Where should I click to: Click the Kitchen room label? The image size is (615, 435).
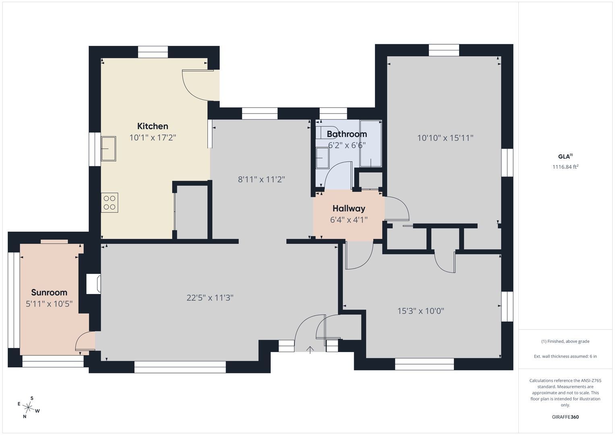(x=153, y=126)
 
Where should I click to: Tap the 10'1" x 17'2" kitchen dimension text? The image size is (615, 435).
(x=153, y=138)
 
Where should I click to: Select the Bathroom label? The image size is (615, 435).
(x=347, y=134)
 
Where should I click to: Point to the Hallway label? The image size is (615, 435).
(x=349, y=209)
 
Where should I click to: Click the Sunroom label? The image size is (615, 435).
(x=49, y=292)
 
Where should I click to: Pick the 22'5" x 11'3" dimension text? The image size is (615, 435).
(x=210, y=298)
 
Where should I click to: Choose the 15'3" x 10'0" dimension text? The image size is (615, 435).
(x=421, y=311)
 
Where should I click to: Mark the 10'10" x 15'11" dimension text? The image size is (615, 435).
(x=445, y=138)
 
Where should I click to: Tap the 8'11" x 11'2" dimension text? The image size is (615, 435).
(x=261, y=180)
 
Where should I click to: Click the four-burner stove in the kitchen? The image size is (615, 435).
(x=110, y=203)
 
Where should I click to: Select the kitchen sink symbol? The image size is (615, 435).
(x=108, y=149)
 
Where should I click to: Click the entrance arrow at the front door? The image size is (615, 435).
(x=310, y=350)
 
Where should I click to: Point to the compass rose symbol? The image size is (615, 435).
(x=28, y=407)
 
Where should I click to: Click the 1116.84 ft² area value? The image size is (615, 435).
(x=565, y=167)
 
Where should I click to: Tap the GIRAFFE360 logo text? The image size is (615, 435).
(x=565, y=417)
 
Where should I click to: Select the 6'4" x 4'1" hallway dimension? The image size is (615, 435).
(x=349, y=220)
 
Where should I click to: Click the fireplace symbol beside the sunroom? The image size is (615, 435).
(x=93, y=284)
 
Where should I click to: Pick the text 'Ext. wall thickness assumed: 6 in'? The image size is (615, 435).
(x=565, y=356)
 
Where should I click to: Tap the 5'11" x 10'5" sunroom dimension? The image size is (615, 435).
(x=49, y=304)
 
